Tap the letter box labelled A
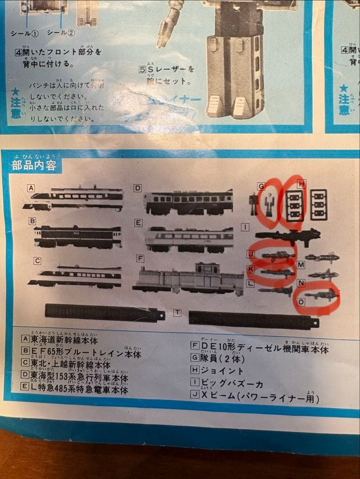(x=31, y=188)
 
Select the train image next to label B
(x=78, y=236)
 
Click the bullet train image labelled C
(x=75, y=276)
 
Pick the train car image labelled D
(x=188, y=203)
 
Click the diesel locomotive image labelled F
(x=189, y=279)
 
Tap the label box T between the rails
(x=177, y=313)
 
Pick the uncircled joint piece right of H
(x=319, y=204)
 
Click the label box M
(x=301, y=265)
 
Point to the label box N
(x=301, y=283)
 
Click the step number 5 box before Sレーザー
(x=142, y=70)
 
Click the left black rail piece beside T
(x=105, y=313)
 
